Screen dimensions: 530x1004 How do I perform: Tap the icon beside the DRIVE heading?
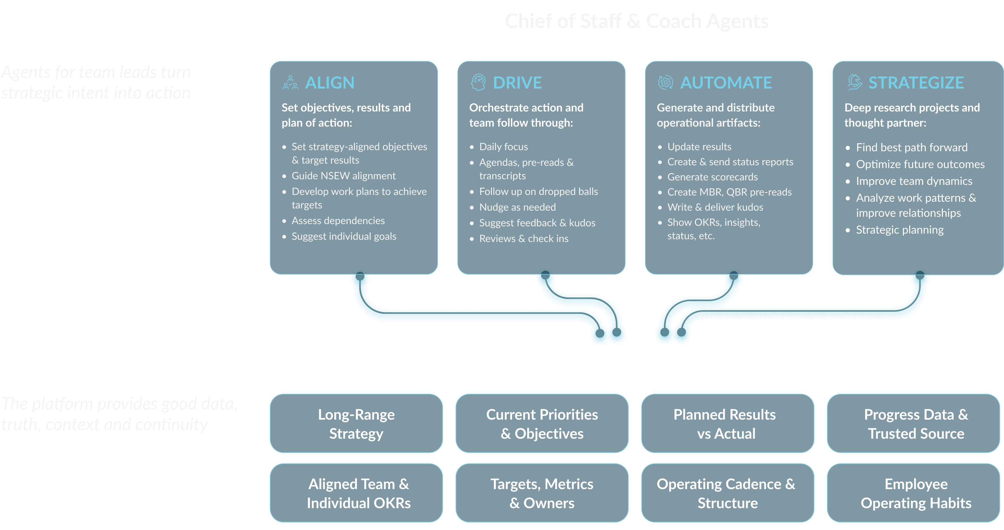478,82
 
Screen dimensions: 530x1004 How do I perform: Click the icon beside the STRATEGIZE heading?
854,82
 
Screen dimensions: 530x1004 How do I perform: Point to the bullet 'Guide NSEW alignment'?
343,176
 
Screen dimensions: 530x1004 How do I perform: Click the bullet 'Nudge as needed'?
517,207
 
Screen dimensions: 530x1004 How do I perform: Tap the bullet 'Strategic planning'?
900,230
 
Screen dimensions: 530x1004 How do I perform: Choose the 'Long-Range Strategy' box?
356,424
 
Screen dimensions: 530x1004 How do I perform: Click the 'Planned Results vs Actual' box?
727,424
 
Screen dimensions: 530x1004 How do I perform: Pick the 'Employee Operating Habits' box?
916,493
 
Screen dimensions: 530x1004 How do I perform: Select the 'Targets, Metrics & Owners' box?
542,493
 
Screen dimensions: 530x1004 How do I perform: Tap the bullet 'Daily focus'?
503,147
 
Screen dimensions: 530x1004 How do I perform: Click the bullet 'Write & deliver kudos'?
715,207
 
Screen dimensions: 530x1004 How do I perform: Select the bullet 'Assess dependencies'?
338,221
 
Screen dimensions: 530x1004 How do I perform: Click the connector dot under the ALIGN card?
360,276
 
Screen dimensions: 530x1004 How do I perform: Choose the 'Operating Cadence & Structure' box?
727,493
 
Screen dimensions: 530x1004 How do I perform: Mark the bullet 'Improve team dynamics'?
914,181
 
